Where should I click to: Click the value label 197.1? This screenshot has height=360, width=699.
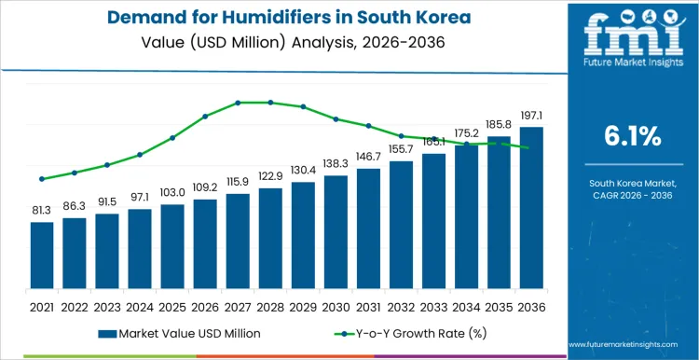(x=531, y=117)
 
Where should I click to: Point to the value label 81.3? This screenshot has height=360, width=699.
(x=42, y=212)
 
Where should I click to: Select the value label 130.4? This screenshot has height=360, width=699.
(x=303, y=171)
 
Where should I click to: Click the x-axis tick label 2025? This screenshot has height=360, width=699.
(x=172, y=305)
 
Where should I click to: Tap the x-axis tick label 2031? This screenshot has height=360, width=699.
(x=368, y=305)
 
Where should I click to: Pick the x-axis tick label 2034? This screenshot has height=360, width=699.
(x=466, y=305)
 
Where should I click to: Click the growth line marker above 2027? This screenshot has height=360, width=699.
(x=238, y=103)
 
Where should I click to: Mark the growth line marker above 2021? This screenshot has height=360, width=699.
(x=42, y=179)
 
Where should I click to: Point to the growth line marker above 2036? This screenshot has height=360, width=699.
(x=531, y=148)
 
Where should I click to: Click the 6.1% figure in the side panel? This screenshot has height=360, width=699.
(x=629, y=136)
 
